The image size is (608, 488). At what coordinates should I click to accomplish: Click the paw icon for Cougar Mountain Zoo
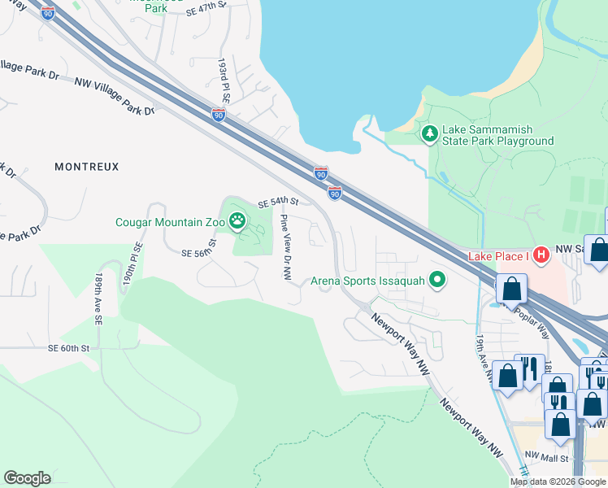tap(237, 220)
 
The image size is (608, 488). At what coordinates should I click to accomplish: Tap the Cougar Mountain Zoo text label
tap(171, 220)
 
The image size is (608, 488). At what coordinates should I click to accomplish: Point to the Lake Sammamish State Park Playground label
tap(497, 135)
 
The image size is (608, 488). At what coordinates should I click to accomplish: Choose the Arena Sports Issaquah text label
tap(369, 282)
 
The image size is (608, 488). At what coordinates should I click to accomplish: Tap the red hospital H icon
tap(541, 255)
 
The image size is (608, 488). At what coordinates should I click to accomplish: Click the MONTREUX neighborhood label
tap(87, 167)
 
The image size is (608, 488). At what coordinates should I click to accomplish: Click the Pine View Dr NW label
tap(286, 247)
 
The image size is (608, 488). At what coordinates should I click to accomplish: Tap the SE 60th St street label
tap(67, 347)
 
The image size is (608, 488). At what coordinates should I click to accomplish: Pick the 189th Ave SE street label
tap(98, 299)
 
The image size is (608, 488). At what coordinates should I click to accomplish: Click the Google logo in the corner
tap(27, 478)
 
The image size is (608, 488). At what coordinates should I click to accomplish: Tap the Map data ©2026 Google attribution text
tap(558, 481)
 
